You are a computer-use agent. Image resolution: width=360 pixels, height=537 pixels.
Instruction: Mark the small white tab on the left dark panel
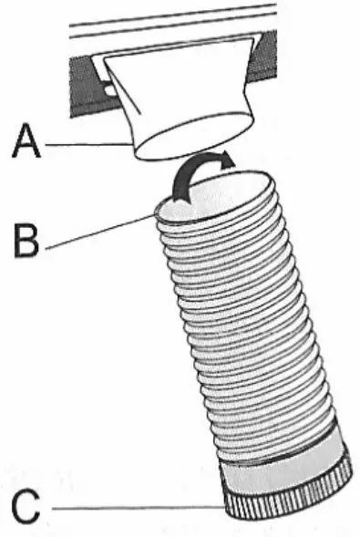107,89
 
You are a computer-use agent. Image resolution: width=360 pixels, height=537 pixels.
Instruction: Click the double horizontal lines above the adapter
173,21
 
